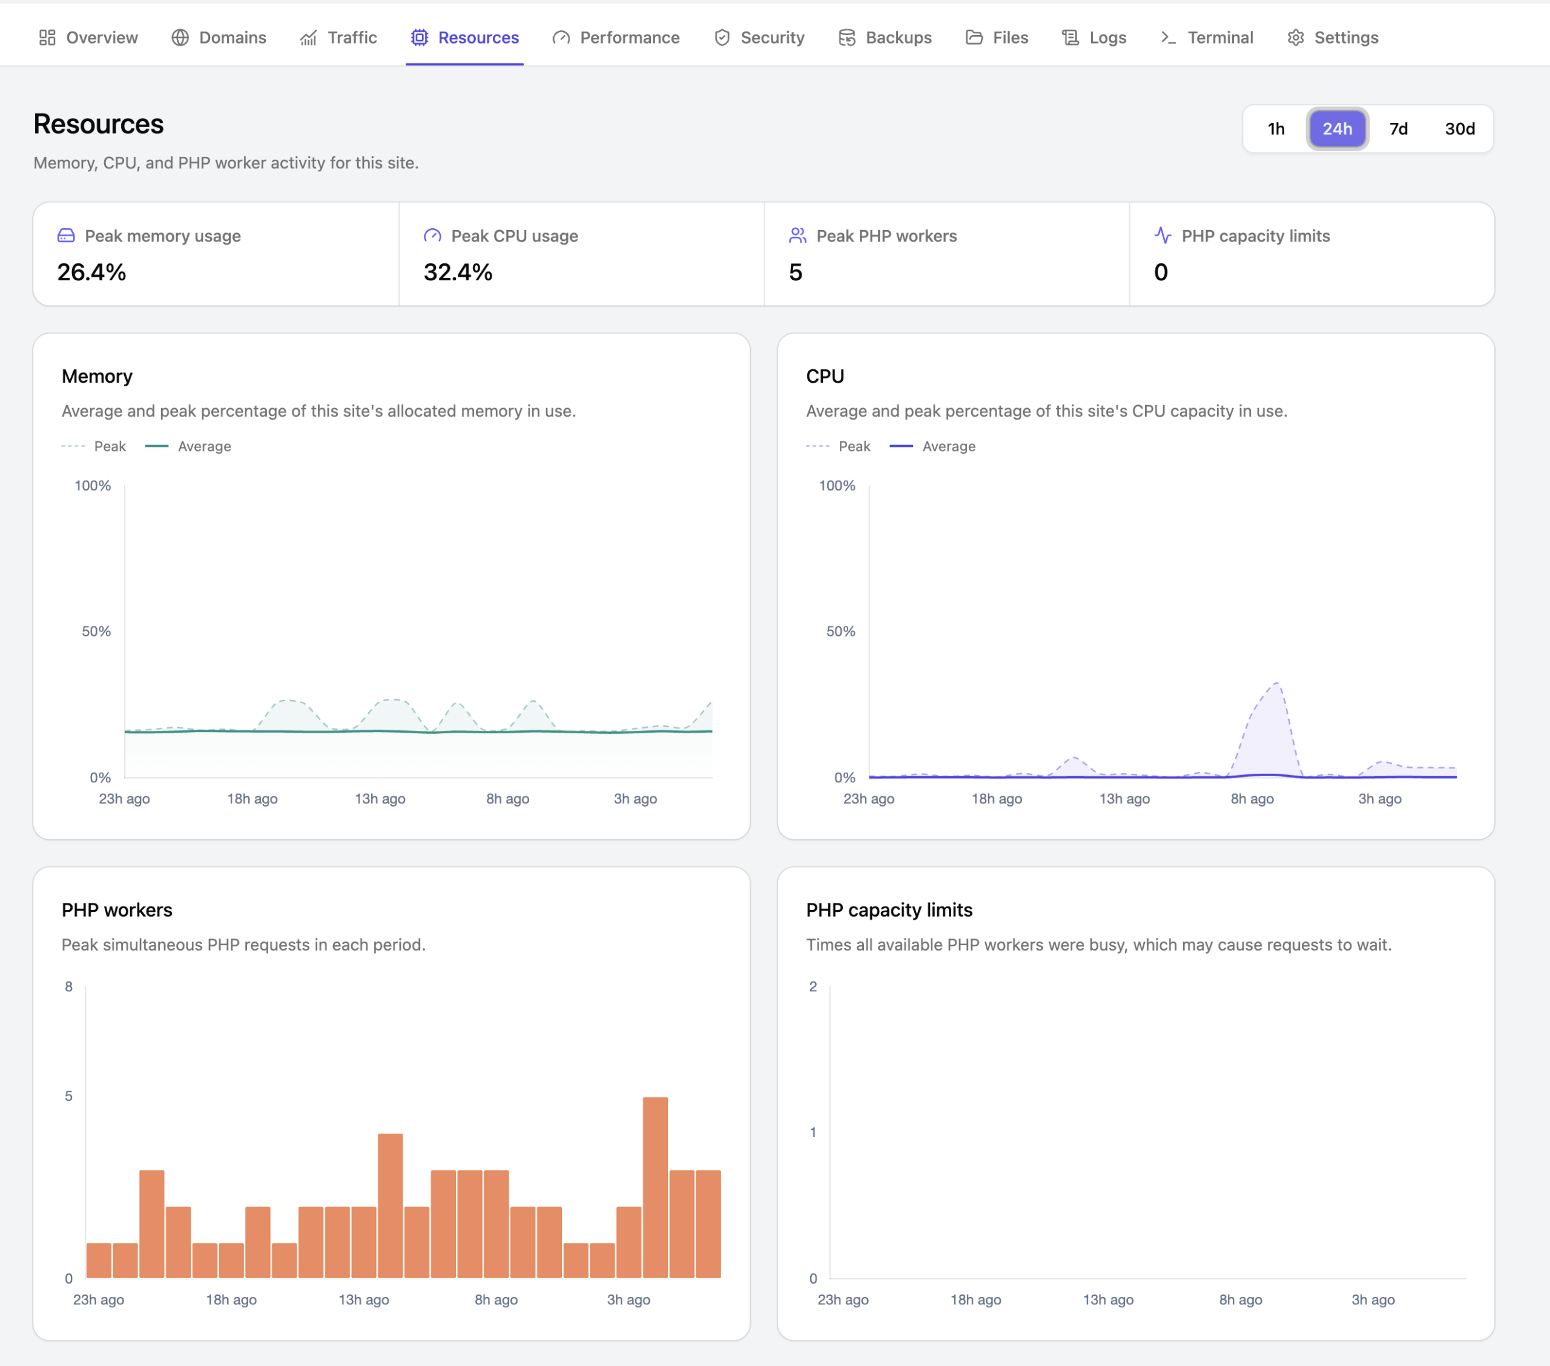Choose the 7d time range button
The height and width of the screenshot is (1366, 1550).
pyautogui.click(x=1399, y=129)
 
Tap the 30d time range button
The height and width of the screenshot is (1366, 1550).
pyautogui.click(x=1460, y=129)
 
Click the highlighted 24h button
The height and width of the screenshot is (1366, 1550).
pyautogui.click(x=1337, y=129)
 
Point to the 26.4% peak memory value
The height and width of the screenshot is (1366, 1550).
pyautogui.click(x=92, y=272)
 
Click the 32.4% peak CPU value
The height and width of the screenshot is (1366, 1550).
pyautogui.click(x=458, y=272)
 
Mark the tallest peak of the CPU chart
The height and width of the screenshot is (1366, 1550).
pyautogui.click(x=1277, y=684)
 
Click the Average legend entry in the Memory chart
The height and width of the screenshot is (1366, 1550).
pyautogui.click(x=188, y=446)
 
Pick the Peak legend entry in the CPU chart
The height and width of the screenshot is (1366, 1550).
pyautogui.click(x=838, y=446)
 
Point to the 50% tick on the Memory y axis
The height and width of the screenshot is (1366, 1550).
pyautogui.click(x=96, y=631)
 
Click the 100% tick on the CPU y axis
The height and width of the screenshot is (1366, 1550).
pyautogui.click(x=837, y=486)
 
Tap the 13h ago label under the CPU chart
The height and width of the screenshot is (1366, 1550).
pyautogui.click(x=1124, y=799)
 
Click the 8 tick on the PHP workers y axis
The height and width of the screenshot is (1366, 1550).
pyautogui.click(x=69, y=986)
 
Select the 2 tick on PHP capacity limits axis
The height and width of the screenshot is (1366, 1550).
pyautogui.click(x=813, y=986)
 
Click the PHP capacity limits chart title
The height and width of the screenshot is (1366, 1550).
pyautogui.click(x=889, y=909)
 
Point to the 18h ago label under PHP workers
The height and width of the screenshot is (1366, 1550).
pyautogui.click(x=231, y=1299)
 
